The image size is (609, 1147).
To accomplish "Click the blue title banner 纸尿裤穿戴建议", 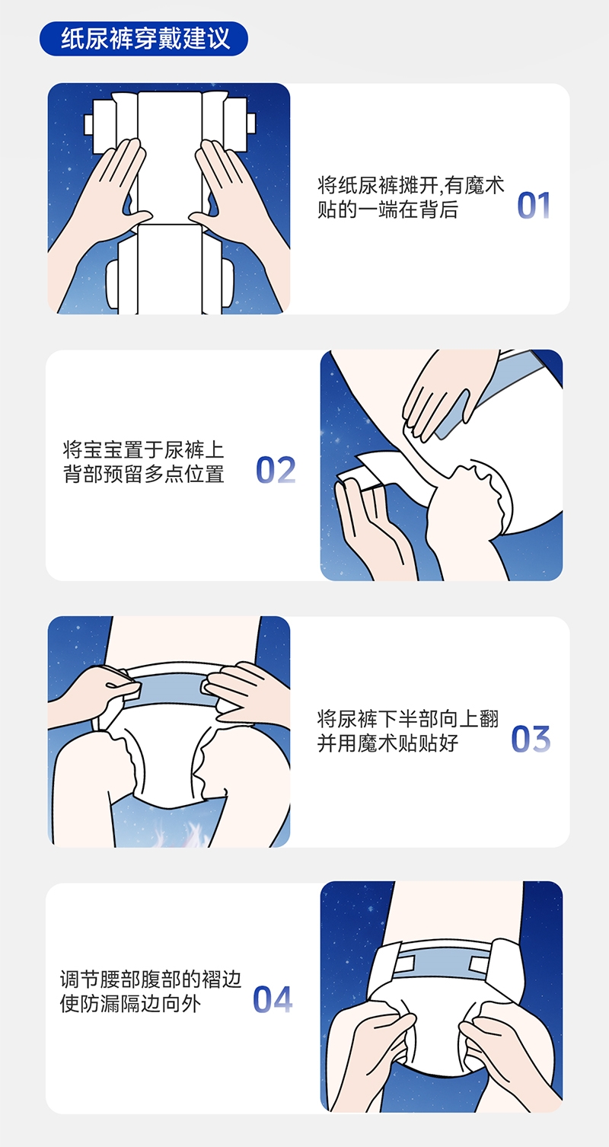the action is pyautogui.click(x=144, y=38).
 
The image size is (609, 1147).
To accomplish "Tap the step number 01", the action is pyautogui.click(x=534, y=206).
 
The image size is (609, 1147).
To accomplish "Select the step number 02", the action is pyautogui.click(x=276, y=470).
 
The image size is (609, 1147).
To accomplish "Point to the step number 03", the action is pyautogui.click(x=531, y=739).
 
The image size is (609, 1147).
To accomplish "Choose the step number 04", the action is pyautogui.click(x=273, y=999).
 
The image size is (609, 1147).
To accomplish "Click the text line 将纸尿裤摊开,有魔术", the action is pyautogui.click(x=411, y=185).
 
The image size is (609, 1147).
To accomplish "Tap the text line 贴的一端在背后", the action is pyautogui.click(x=387, y=210).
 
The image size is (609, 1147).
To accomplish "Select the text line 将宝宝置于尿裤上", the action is pyautogui.click(x=144, y=449).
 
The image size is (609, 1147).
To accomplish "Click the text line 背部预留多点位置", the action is pyautogui.click(x=144, y=474).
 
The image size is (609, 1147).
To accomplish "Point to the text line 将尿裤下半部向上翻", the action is pyautogui.click(x=408, y=718).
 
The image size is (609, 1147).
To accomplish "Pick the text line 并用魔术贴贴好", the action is pyautogui.click(x=387, y=743).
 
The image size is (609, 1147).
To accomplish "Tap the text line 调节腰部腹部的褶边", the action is pyautogui.click(x=151, y=979).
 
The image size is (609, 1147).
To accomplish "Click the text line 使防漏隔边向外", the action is pyautogui.click(x=130, y=1004).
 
